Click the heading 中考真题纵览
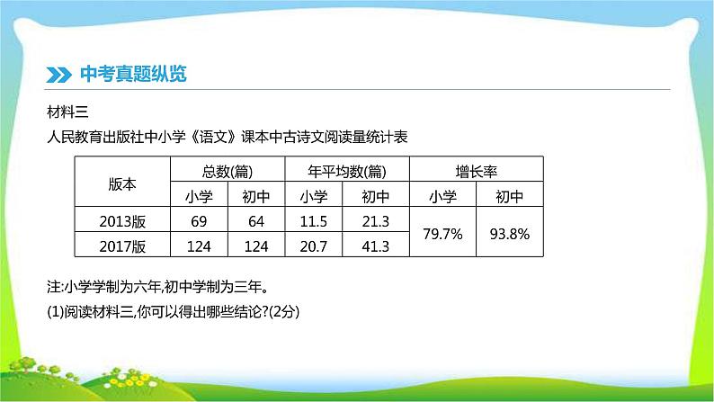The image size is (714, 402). [x=133, y=74]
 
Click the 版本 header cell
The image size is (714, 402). [x=121, y=183]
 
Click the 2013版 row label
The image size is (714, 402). [x=121, y=220]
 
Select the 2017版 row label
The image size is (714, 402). [x=121, y=245]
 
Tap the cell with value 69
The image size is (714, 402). [x=200, y=220]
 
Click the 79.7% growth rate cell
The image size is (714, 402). [x=442, y=233]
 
